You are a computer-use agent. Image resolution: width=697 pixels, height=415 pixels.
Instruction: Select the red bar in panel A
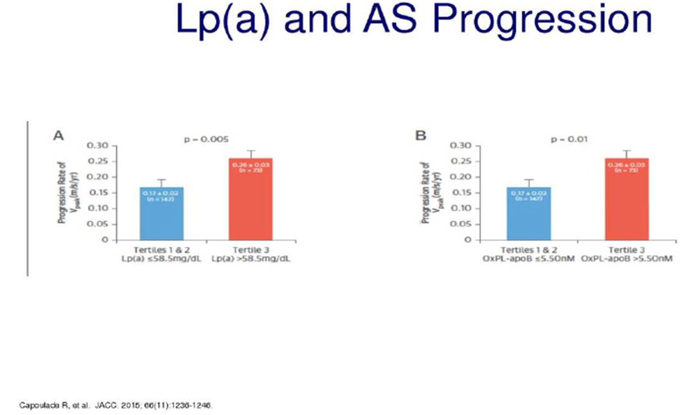click(x=251, y=200)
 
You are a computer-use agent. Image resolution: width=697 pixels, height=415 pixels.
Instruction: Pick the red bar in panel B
click(x=626, y=200)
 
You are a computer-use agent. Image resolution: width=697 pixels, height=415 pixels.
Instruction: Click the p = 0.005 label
click(x=207, y=139)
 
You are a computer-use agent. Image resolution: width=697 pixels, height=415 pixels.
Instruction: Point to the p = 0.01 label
click(x=570, y=139)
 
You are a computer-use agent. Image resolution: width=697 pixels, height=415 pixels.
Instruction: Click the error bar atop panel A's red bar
click(x=251, y=153)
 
